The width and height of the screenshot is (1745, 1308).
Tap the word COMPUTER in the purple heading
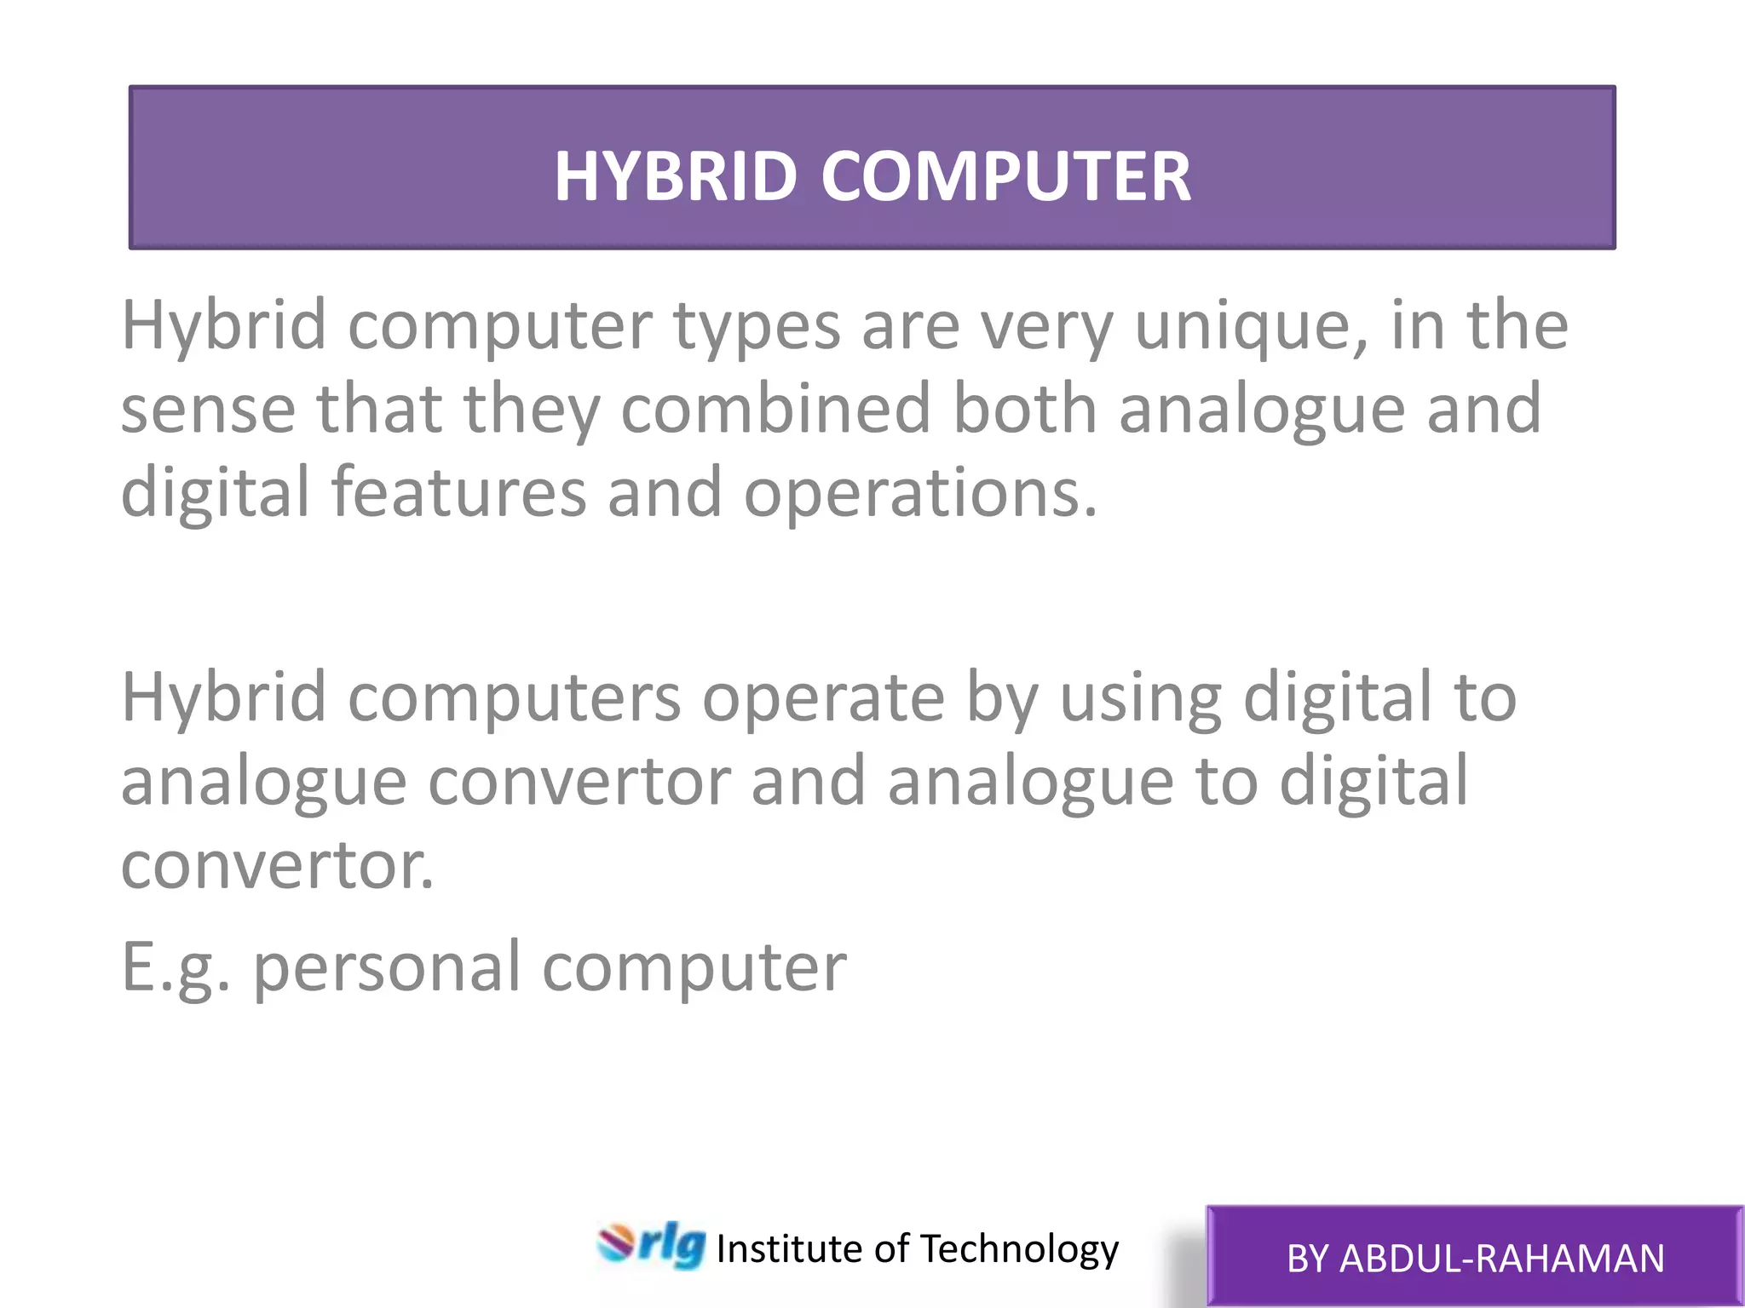(1005, 176)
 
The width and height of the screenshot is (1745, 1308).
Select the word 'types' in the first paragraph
(757, 327)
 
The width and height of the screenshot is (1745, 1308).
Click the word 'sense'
(208, 410)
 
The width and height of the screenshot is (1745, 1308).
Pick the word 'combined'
(775, 409)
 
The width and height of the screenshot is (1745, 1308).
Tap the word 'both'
(1023, 409)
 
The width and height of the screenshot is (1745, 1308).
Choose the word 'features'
(458, 492)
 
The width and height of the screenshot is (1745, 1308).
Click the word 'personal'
(387, 968)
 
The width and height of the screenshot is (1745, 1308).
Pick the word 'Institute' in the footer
(789, 1249)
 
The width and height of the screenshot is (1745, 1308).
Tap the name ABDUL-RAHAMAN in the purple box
(1501, 1259)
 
